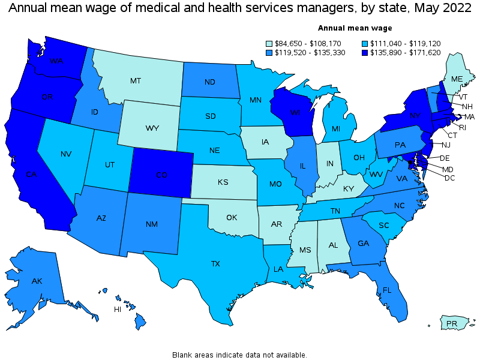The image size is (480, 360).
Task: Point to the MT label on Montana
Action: pyautogui.click(x=136, y=80)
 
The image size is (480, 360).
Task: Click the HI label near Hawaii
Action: pyautogui.click(x=118, y=309)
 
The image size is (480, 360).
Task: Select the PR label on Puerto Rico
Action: pyautogui.click(x=452, y=324)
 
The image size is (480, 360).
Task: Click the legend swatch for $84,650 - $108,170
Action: pyautogui.click(x=270, y=44)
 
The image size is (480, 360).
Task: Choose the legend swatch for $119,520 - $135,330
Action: pyautogui.click(x=270, y=52)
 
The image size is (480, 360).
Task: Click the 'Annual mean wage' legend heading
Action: pyautogui.click(x=355, y=28)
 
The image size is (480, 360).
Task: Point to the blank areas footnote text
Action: pyautogui.click(x=239, y=355)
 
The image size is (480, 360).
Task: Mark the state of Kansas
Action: pyautogui.click(x=223, y=182)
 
